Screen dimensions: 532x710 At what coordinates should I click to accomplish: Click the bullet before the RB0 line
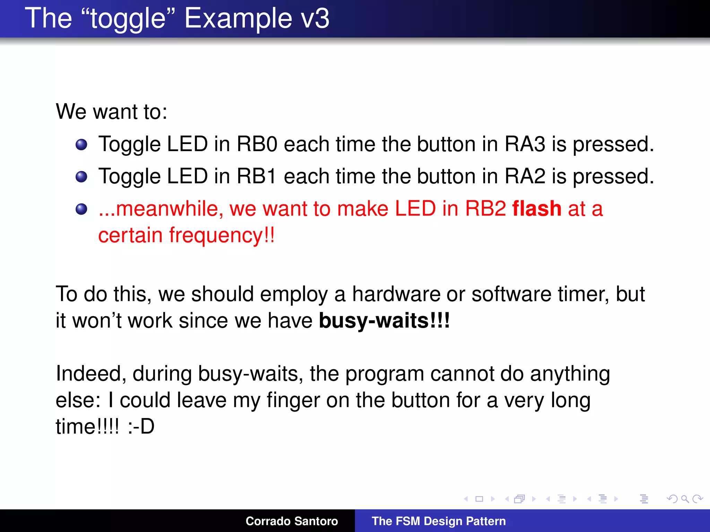pyautogui.click(x=81, y=144)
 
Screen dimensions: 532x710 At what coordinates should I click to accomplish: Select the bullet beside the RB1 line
pyautogui.click(x=81, y=177)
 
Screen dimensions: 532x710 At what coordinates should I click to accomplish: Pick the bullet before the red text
pyautogui.click(x=81, y=209)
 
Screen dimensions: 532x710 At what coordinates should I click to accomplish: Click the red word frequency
pyautogui.click(x=216, y=236)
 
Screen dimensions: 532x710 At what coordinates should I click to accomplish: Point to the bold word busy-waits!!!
pyautogui.click(x=384, y=320)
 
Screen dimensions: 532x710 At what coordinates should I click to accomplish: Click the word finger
pyautogui.click(x=293, y=400)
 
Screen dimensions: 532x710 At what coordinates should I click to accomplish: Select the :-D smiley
pyautogui.click(x=141, y=426)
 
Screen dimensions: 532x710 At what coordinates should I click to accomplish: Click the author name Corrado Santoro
pyautogui.click(x=292, y=521)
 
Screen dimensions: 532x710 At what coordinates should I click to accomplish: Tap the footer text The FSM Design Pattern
pyautogui.click(x=439, y=521)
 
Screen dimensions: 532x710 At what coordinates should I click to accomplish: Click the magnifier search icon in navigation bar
pyautogui.click(x=685, y=499)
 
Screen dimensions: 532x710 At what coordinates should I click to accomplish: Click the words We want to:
pyautogui.click(x=112, y=112)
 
